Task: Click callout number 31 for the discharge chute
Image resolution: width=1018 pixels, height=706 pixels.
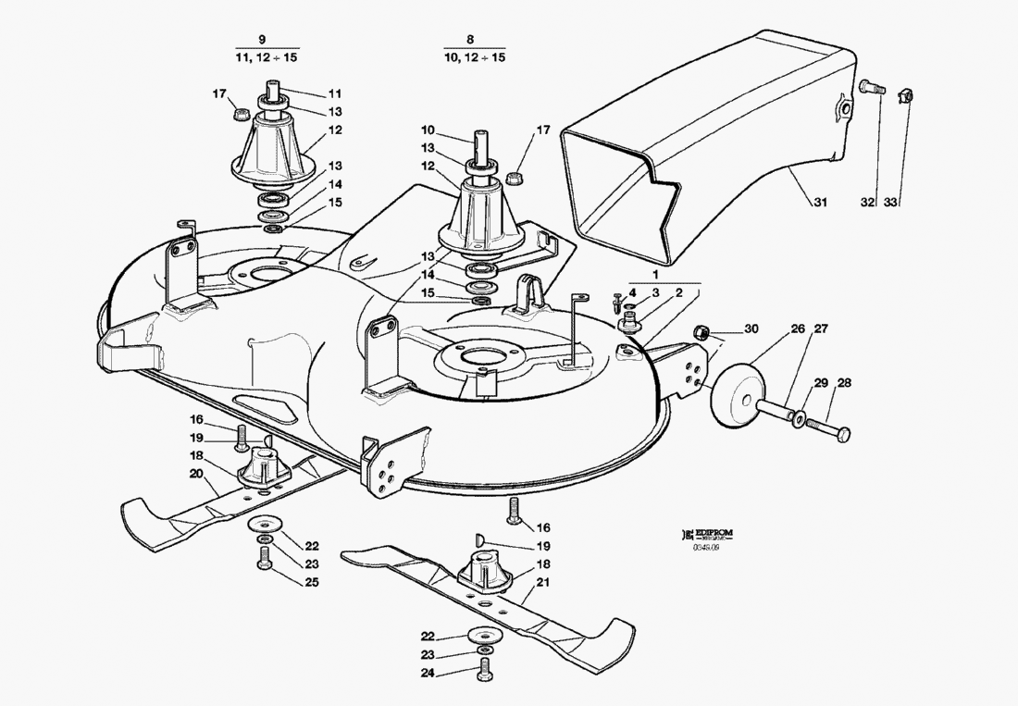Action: click(820, 203)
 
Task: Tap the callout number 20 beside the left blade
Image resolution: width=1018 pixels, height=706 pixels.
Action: click(196, 473)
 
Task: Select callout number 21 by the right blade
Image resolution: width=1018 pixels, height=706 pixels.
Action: click(543, 582)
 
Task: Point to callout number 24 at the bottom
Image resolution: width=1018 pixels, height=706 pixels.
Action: click(427, 674)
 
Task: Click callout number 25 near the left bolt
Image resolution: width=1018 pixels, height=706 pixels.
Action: click(311, 581)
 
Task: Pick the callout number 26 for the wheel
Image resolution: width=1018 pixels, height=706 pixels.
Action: click(772, 328)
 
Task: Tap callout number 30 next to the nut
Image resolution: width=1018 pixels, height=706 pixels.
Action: click(751, 328)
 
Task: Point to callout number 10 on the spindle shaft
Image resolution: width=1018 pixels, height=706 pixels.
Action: click(428, 130)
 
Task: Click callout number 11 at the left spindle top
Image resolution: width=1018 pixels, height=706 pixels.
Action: click(334, 93)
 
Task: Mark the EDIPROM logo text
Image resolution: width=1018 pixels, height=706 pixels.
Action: click(719, 535)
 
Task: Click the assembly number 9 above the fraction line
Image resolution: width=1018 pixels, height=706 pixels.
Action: click(263, 40)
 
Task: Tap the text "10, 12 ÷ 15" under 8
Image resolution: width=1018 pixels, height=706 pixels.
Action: click(474, 57)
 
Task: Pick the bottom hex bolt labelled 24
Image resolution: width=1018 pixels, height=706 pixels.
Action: click(482, 674)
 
